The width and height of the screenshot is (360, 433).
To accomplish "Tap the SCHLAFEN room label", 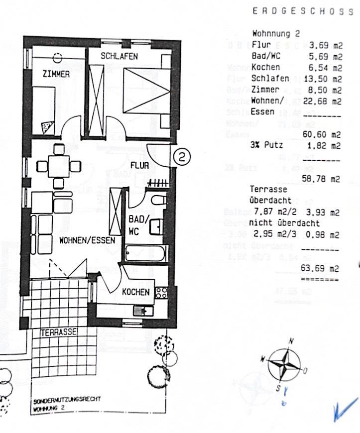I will pyautogui.click(x=119, y=56).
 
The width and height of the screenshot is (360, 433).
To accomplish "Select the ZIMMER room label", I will pyautogui.click(x=56, y=75).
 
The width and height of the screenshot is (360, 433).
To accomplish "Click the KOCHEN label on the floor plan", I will pyautogui.click(x=135, y=292).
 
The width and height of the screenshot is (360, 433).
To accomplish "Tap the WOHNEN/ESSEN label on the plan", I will pyautogui.click(x=87, y=240).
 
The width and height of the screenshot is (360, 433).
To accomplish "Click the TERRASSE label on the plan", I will pyautogui.click(x=58, y=331).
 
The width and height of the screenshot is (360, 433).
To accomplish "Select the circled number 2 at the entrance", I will pyautogui.click(x=182, y=157).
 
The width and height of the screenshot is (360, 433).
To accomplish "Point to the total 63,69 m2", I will pyautogui.click(x=324, y=269).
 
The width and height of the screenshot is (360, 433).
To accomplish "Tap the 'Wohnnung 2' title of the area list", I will pyautogui.click(x=276, y=34).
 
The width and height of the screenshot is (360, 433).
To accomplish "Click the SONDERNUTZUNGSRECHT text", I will pyautogui.click(x=67, y=400).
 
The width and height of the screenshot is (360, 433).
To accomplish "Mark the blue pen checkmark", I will pyautogui.click(x=346, y=409).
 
